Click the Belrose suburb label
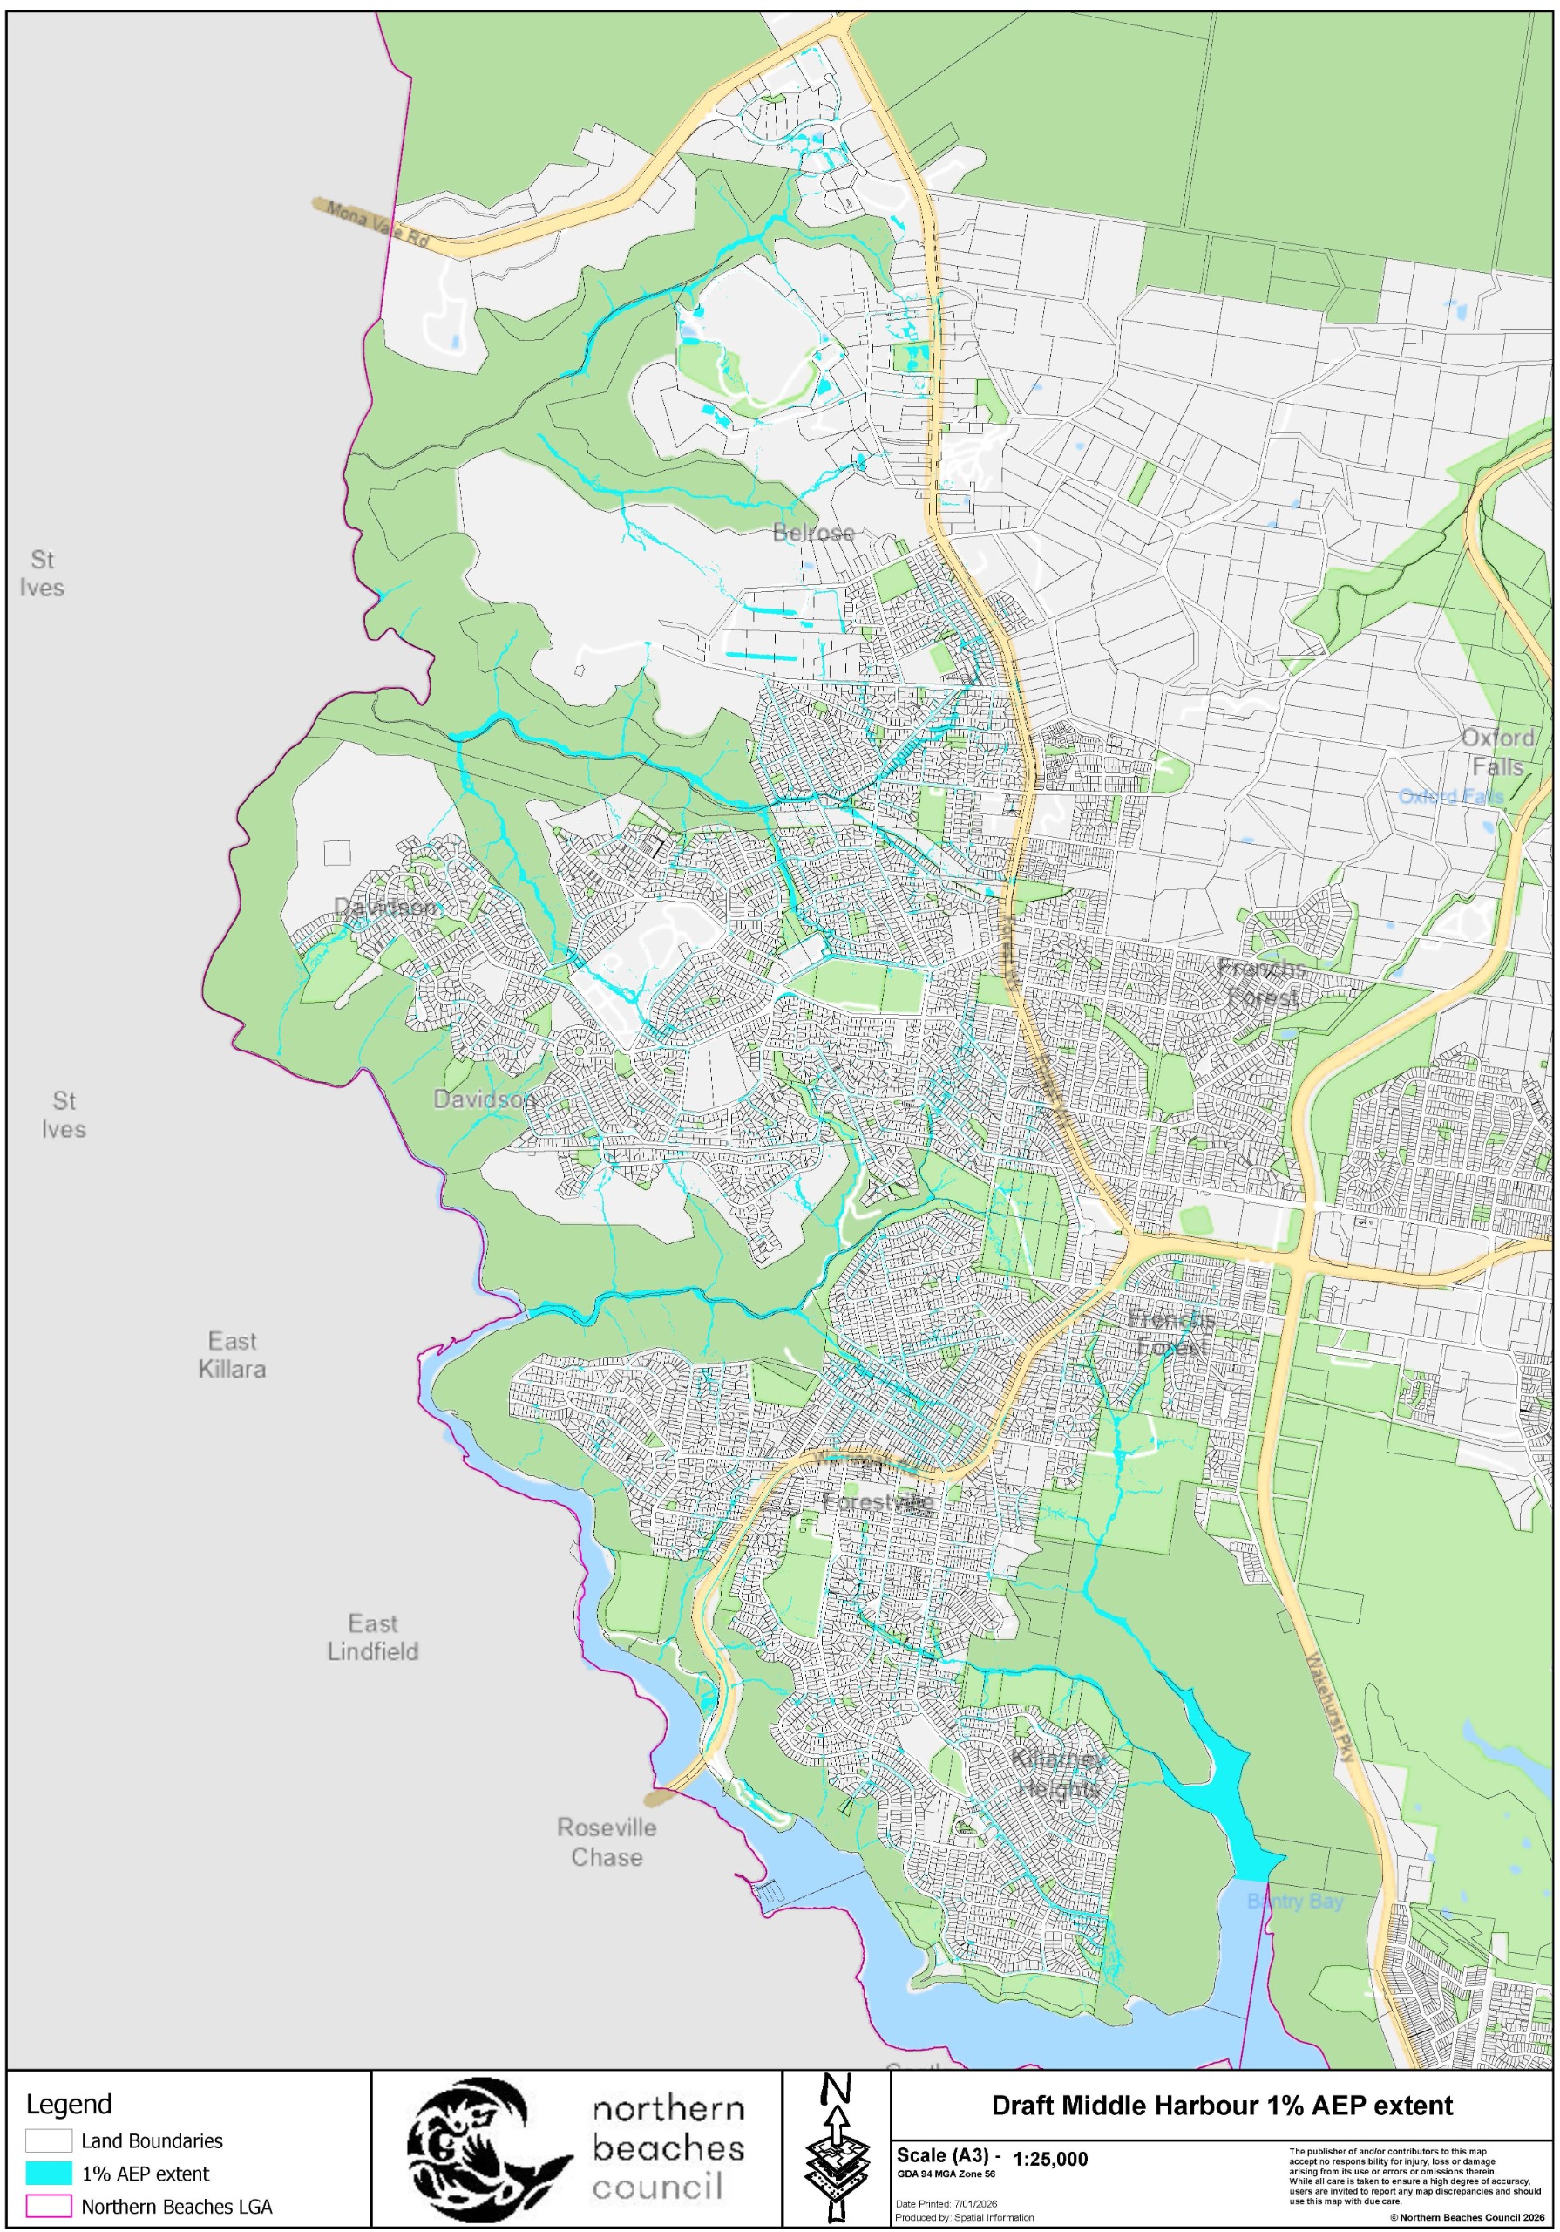tap(813, 533)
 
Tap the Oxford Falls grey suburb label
tap(1498, 752)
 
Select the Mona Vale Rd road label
tap(377, 223)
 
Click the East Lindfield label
tap(372, 1637)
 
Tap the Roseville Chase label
tap(607, 1841)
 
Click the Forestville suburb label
tap(878, 1502)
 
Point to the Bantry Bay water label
tap(1295, 1901)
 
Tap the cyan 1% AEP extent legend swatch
tap(49, 2174)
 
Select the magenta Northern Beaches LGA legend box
tap(49, 2206)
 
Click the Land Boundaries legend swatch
tap(49, 2140)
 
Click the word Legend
tap(68, 2104)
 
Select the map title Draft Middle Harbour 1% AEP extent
tap(1221, 2106)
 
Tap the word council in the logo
tap(657, 2188)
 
